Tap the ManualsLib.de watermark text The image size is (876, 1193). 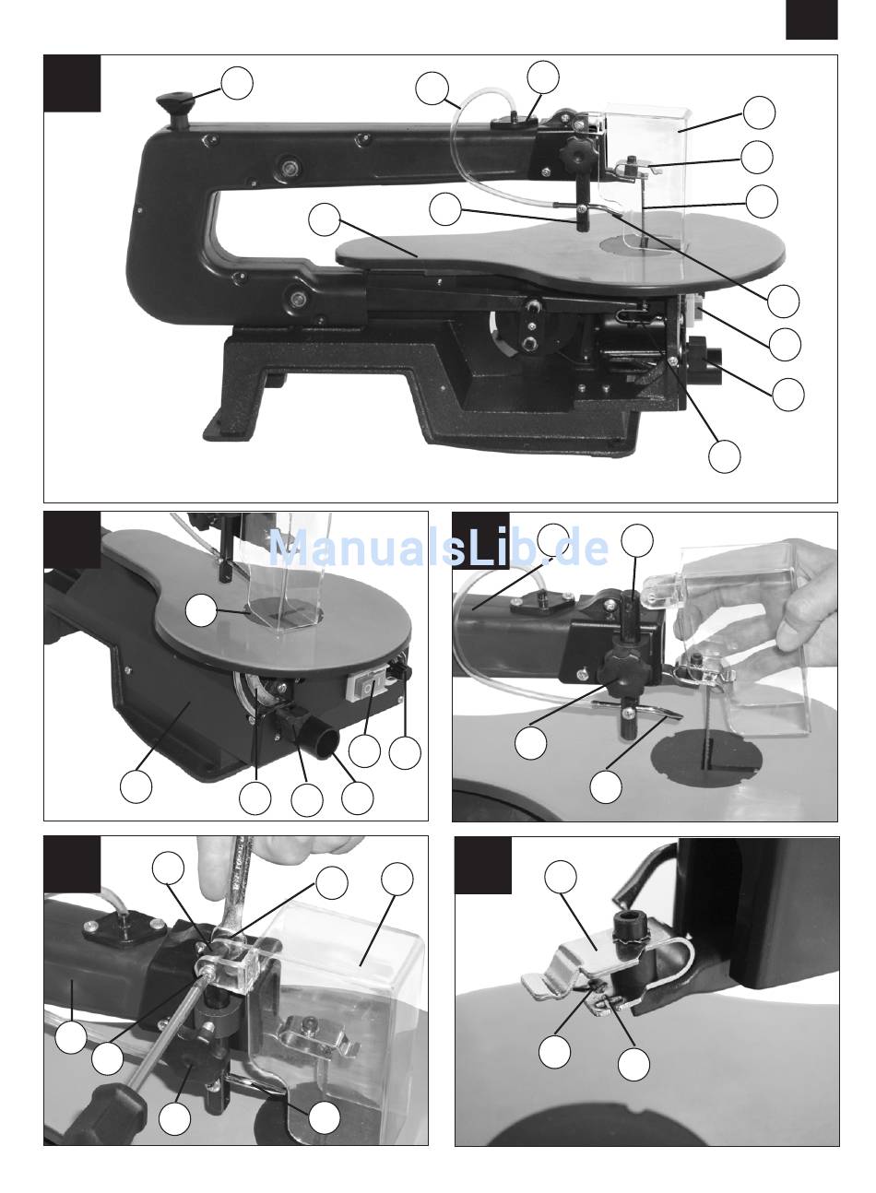click(438, 547)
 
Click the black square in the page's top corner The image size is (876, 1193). click(811, 19)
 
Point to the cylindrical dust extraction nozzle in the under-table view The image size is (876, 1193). click(320, 741)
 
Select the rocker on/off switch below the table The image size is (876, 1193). click(366, 687)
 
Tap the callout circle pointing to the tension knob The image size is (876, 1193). click(237, 83)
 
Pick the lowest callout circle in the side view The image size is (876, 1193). click(724, 455)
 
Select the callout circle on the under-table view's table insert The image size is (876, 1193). click(201, 610)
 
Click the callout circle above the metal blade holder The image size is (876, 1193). click(561, 876)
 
